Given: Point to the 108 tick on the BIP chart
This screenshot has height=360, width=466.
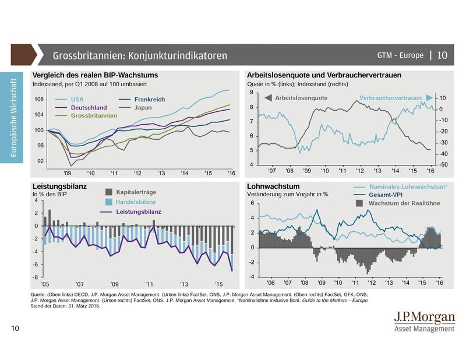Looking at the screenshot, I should pyautogui.click(x=40, y=100).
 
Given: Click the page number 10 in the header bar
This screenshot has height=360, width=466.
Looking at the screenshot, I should pyautogui.click(x=442, y=55).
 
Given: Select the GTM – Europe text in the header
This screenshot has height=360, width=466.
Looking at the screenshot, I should pyautogui.click(x=400, y=55).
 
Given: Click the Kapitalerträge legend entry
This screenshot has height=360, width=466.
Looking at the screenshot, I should pyautogui.click(x=135, y=192).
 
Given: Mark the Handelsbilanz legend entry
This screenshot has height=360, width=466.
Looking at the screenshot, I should pyautogui.click(x=135, y=202).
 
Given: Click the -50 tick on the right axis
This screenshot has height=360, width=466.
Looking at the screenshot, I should pyautogui.click(x=443, y=165).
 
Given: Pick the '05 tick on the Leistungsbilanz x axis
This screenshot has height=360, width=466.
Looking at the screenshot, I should pyautogui.click(x=45, y=284).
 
